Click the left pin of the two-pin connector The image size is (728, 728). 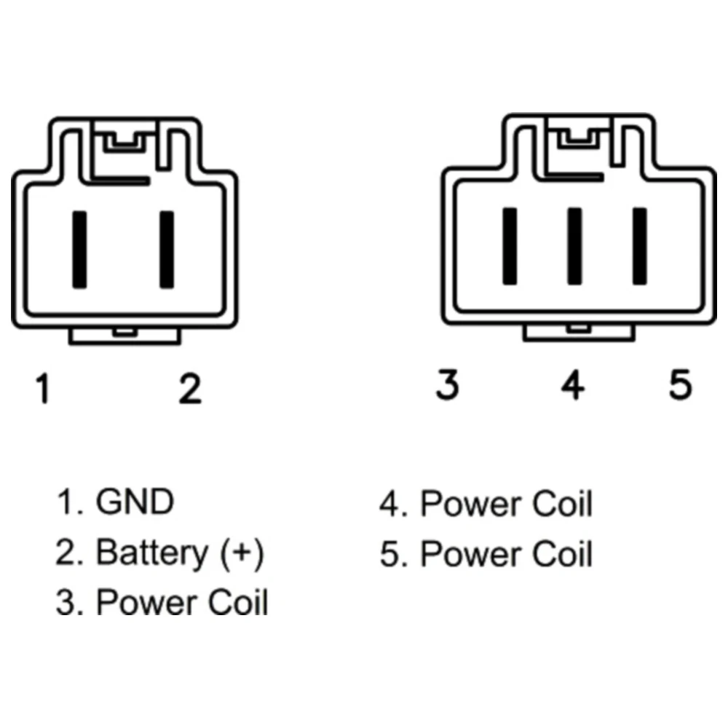pyautogui.click(x=79, y=248)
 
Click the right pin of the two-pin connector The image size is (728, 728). pyautogui.click(x=167, y=248)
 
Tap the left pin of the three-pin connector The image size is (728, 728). pyautogui.click(x=510, y=246)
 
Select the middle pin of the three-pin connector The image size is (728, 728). pyautogui.click(x=574, y=246)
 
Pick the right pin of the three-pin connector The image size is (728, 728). pyautogui.click(x=640, y=246)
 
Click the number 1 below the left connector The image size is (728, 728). pyautogui.click(x=44, y=389)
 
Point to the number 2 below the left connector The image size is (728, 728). pyautogui.click(x=190, y=389)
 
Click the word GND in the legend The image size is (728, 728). pyautogui.click(x=135, y=502)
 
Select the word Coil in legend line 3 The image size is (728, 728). pyautogui.click(x=239, y=603)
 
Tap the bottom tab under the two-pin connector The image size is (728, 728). pyautogui.click(x=124, y=335)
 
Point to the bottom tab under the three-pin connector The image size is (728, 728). pyautogui.click(x=579, y=331)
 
